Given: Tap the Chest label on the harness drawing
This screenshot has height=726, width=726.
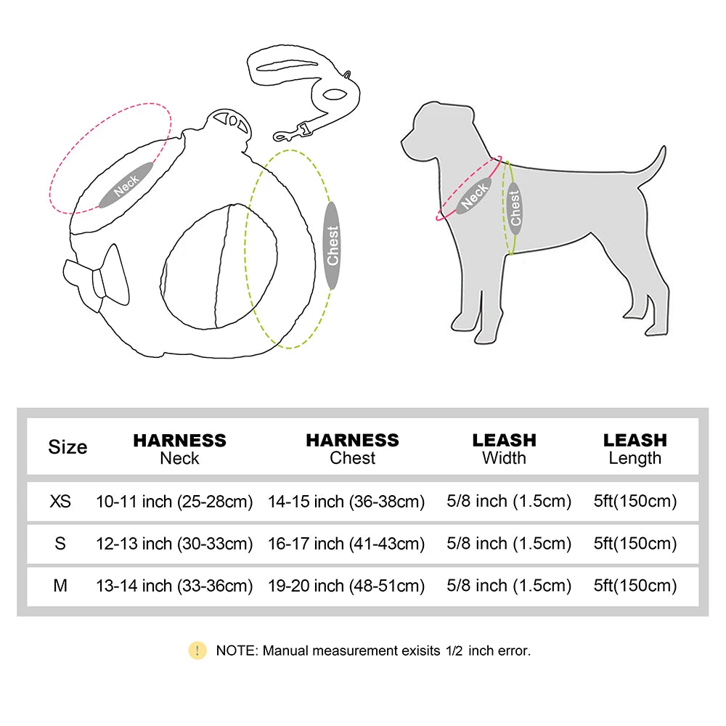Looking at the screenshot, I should click(332, 245).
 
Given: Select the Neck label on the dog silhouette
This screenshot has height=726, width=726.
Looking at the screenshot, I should click(475, 195).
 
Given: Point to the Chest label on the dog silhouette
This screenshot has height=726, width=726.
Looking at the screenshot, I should click(515, 208).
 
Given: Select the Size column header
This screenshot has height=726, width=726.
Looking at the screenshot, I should click(68, 447).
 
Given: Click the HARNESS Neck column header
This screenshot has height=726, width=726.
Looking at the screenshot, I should click(179, 449).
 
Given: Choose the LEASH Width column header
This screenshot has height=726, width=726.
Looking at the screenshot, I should click(504, 449).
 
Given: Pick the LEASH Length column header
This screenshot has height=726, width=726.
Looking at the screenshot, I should click(635, 449).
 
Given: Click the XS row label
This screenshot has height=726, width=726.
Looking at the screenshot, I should click(61, 502).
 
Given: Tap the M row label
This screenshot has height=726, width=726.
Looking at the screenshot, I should click(60, 585).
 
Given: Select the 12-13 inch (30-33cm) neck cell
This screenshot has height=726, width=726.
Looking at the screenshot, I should click(174, 544).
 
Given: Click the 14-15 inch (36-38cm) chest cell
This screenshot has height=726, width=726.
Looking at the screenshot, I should click(346, 502).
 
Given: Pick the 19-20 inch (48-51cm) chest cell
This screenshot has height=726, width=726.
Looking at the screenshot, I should click(346, 585).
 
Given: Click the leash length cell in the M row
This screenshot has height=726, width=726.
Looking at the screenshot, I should click(635, 585).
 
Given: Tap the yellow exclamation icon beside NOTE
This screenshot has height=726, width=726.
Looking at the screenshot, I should click(197, 650).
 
